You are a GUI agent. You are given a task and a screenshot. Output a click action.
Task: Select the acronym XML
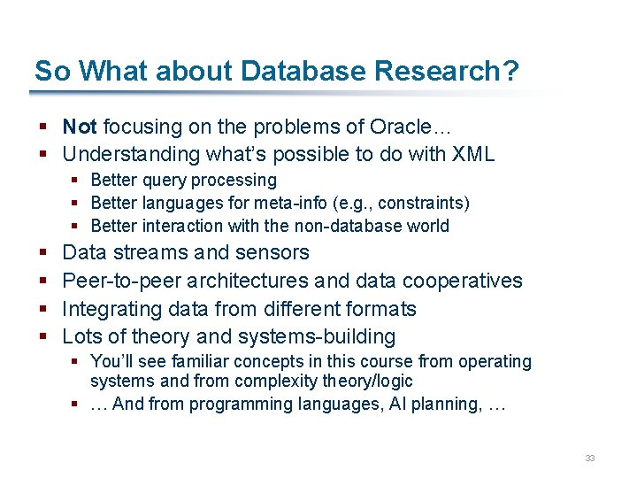(472, 154)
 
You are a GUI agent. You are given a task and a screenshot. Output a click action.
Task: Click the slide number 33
(590, 458)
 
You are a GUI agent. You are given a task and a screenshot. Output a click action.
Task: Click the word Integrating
(105, 309)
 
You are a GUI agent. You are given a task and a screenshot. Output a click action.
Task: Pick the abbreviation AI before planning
(389, 404)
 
